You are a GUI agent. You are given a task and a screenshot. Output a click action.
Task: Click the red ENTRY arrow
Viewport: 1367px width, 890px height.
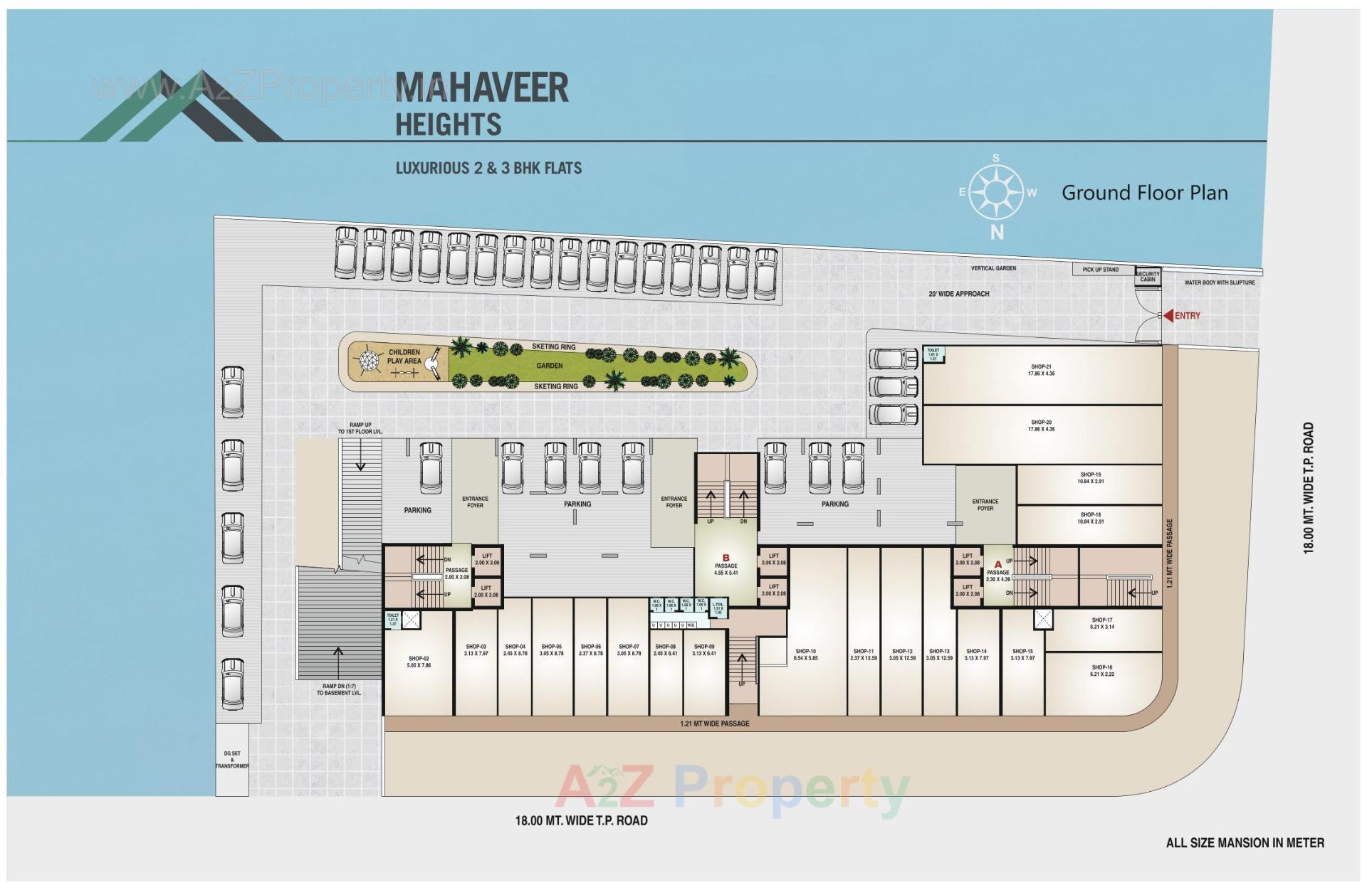[1168, 315]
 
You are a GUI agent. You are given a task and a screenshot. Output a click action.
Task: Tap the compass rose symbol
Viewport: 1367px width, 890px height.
[997, 192]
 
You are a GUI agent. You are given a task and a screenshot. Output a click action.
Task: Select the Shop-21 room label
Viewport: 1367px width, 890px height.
[1041, 370]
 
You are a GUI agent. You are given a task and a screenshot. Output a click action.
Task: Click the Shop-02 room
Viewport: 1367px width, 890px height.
[419, 662]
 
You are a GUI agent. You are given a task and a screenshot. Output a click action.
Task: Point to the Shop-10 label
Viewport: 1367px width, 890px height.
[805, 655]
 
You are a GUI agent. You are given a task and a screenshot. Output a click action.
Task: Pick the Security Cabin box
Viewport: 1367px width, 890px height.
[1147, 277]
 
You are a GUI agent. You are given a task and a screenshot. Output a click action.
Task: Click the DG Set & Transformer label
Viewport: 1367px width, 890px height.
[232, 759]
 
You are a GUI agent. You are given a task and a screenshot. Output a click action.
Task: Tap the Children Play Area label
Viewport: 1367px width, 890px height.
[404, 356]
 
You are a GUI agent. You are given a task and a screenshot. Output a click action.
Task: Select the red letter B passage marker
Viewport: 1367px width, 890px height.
[726, 558]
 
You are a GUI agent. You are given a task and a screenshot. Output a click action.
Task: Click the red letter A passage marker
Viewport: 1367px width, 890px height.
[997, 564]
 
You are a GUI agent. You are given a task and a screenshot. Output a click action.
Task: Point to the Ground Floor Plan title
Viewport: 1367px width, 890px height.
[1144, 193]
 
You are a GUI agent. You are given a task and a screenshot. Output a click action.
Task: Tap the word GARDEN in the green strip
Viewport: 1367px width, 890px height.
[549, 366]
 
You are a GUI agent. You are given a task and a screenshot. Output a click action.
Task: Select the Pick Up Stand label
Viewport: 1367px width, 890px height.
[1100, 270]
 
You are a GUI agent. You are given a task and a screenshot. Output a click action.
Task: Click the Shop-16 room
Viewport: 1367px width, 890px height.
[1101, 671]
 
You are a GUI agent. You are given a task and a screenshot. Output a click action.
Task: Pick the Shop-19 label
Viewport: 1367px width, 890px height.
[1090, 478]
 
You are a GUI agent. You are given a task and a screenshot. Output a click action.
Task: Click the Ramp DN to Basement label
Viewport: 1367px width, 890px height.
[339, 689]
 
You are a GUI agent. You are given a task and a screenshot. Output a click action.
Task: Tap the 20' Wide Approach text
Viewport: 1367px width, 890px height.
[958, 294]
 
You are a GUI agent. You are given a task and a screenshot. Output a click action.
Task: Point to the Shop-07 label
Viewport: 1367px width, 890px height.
[628, 650]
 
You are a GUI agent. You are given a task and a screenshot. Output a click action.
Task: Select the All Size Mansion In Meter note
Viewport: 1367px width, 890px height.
[1245, 843]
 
